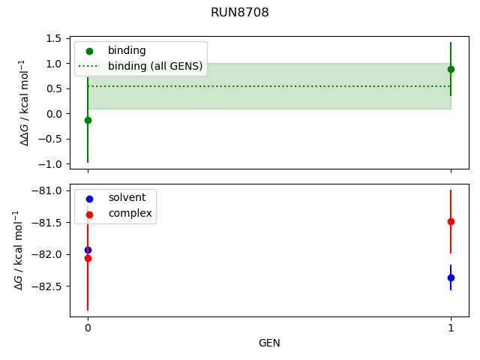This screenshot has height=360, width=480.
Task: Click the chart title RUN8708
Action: tap(240, 13)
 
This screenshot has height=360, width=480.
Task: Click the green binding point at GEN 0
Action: tap(88, 120)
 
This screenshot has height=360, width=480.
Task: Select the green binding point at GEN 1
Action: tap(451, 69)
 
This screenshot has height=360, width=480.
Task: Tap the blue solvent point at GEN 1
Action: tap(451, 277)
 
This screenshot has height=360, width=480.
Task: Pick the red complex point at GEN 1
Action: tap(451, 221)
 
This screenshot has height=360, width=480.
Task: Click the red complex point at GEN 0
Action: tap(88, 258)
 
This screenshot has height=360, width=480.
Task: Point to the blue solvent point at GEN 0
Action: tap(88, 250)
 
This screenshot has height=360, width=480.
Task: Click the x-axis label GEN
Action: tap(269, 343)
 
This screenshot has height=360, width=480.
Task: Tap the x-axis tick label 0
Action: tap(88, 328)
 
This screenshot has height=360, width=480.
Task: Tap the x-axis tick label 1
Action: tap(451, 328)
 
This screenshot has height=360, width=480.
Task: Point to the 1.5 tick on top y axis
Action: tap(53, 38)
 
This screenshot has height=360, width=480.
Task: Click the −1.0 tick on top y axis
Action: tap(50, 164)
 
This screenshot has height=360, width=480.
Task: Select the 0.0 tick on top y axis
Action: tap(53, 114)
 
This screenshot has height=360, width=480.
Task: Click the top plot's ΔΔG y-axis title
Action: tap(25, 102)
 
